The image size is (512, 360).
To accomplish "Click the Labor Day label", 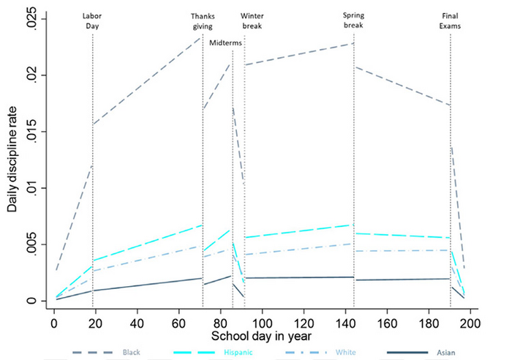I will point(92,20).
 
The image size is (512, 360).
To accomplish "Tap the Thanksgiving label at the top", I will point(203,20).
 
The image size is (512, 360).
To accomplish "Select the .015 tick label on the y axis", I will point(34,132).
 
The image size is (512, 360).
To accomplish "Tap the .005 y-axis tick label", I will point(34,244).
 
